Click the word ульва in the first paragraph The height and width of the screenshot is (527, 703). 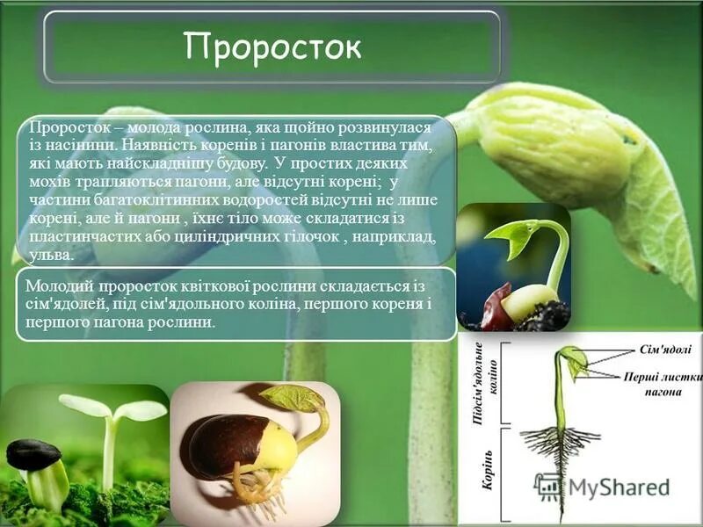pyautogui.click(x=49, y=256)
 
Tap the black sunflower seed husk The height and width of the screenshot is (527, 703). pyautogui.click(x=33, y=453)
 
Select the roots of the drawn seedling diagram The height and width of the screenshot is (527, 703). pyautogui.click(x=557, y=443)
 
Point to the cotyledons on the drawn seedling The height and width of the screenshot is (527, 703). pyautogui.click(x=573, y=361)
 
